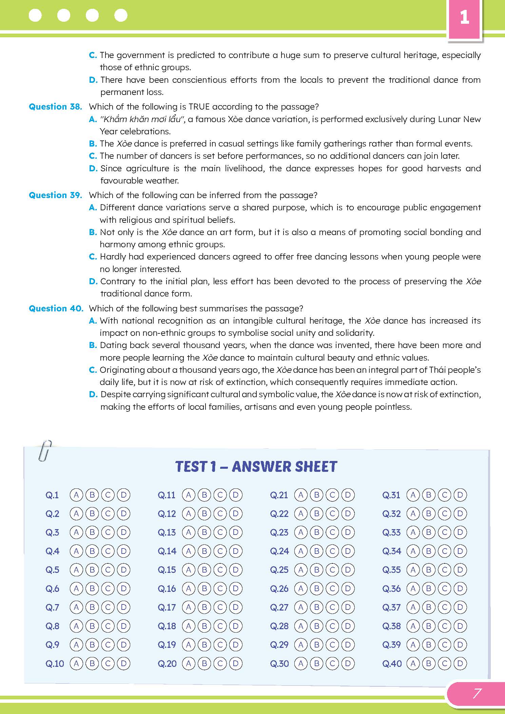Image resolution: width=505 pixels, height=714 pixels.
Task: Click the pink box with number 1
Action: click(x=464, y=18)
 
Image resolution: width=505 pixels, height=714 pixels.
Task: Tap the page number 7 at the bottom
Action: click(x=477, y=693)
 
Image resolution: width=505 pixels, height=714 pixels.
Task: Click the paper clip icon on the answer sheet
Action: click(x=45, y=450)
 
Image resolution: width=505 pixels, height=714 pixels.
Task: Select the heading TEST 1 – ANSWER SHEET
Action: click(x=256, y=467)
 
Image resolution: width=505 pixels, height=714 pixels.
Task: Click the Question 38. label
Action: click(x=55, y=107)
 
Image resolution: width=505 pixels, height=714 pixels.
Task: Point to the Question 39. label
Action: click(x=55, y=195)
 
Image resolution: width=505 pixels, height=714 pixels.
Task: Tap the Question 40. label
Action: click(x=56, y=309)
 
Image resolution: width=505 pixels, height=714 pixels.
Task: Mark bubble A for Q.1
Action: click(x=76, y=495)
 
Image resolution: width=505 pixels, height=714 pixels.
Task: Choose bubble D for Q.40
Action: click(x=460, y=663)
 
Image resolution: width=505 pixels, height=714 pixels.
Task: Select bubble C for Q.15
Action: click(x=220, y=570)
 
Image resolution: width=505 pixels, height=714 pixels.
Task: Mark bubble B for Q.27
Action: click(x=316, y=607)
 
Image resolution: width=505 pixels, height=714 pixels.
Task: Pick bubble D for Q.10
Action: click(x=123, y=663)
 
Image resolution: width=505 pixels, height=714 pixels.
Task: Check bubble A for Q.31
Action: click(x=413, y=495)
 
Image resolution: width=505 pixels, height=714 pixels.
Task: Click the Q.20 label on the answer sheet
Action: click(x=167, y=663)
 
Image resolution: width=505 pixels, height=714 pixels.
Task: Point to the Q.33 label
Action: click(x=391, y=533)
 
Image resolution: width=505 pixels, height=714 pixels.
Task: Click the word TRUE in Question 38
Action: click(x=199, y=107)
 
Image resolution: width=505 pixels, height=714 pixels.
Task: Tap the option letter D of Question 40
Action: click(x=93, y=394)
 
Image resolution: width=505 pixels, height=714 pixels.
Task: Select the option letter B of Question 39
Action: click(x=93, y=232)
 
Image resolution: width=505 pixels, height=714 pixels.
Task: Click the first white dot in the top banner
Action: click(x=35, y=15)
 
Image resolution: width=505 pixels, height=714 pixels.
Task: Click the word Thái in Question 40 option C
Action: click(x=438, y=370)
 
